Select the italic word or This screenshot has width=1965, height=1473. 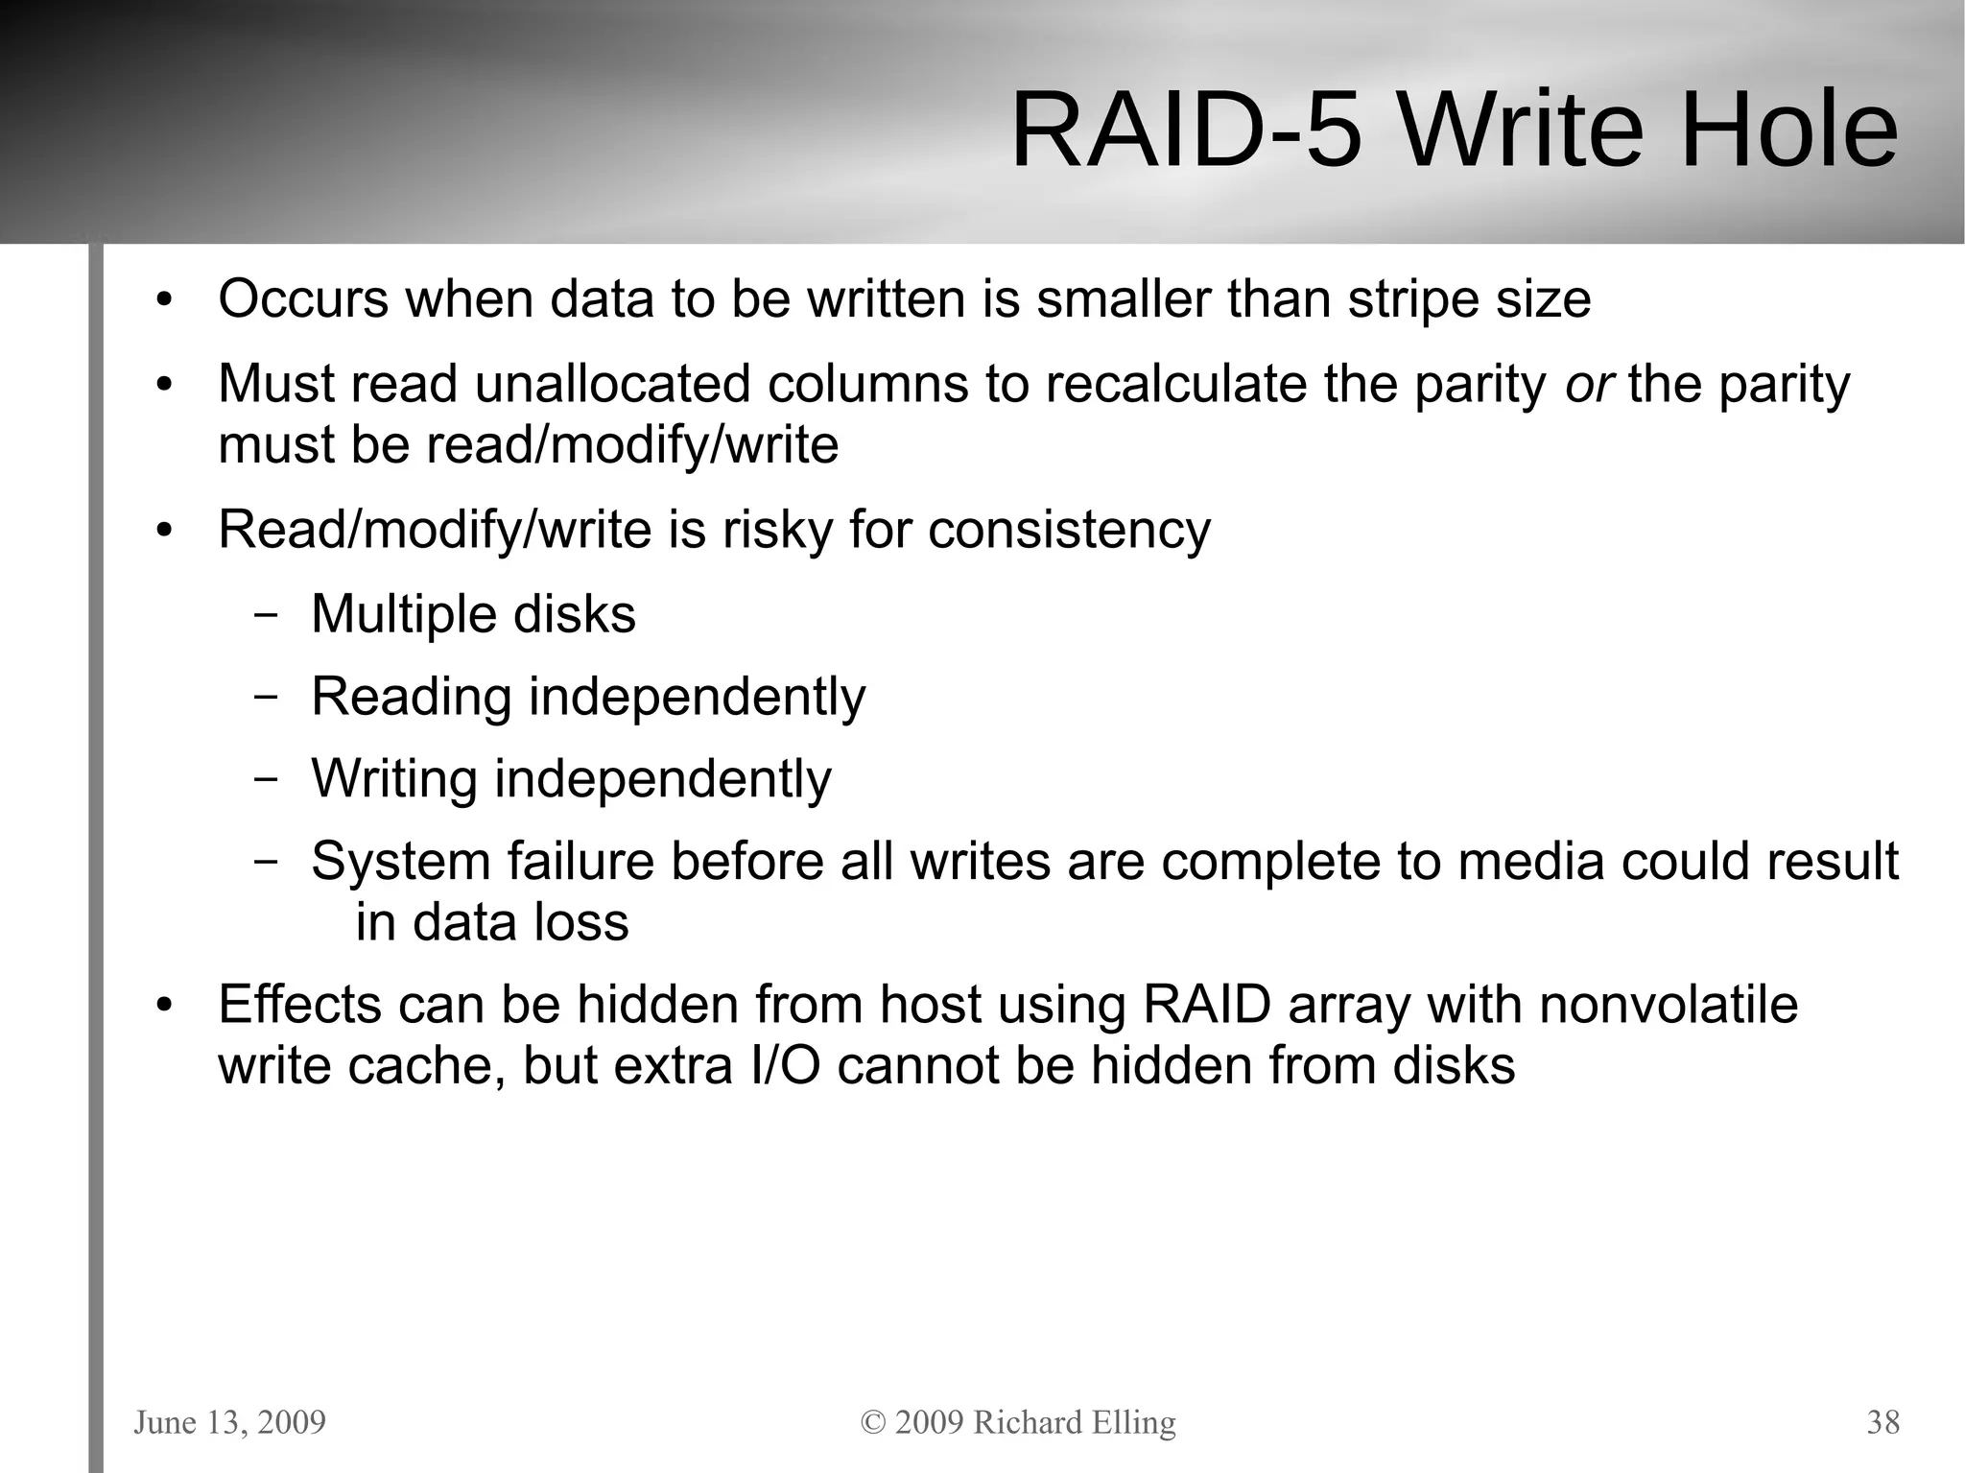point(1588,385)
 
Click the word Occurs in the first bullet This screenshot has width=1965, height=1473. point(303,299)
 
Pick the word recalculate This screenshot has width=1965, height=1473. point(1175,385)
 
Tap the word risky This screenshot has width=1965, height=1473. point(776,530)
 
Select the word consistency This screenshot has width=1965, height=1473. point(1069,530)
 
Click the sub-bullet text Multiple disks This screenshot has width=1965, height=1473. point(473,614)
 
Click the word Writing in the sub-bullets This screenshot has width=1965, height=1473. point(393,779)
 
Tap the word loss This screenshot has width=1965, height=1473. point(581,923)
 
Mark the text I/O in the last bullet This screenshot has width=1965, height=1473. point(784,1066)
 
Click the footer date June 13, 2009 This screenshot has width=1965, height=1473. point(229,1422)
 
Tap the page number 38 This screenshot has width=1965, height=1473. point(1882,1422)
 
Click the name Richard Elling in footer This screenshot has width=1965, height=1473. point(1074,1422)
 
